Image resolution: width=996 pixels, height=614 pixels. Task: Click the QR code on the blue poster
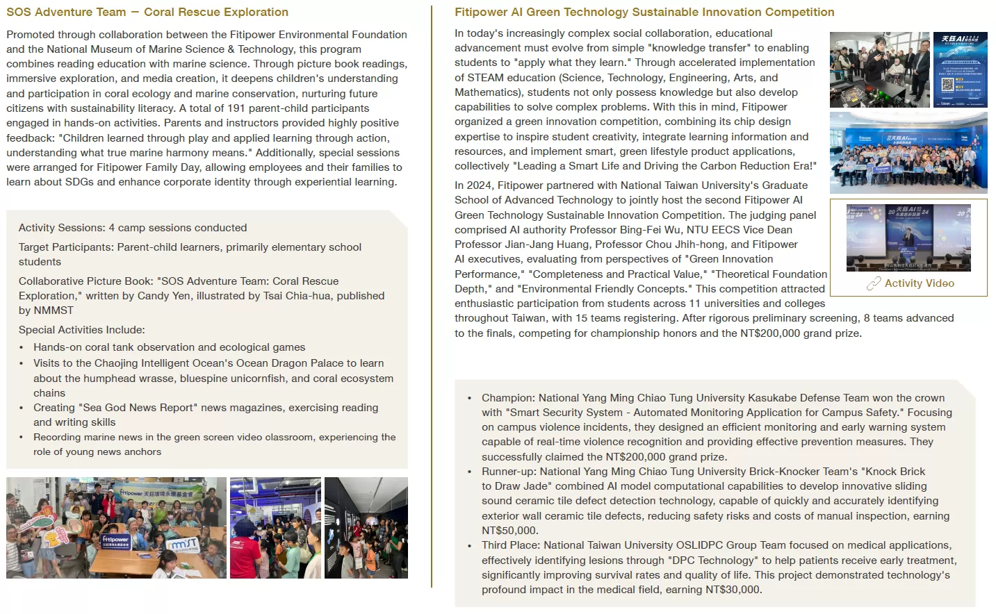click(x=947, y=85)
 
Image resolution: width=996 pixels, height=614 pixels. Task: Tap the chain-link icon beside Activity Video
click(x=873, y=283)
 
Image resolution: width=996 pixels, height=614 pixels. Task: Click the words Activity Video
click(x=919, y=283)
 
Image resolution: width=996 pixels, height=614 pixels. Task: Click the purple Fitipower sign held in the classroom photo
click(x=116, y=541)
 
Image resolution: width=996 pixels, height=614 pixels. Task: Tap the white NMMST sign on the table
click(x=183, y=547)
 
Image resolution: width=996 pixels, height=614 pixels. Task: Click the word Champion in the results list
click(x=507, y=398)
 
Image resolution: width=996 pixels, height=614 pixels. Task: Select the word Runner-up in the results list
click(x=507, y=472)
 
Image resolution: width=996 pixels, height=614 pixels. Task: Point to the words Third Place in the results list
click(x=509, y=545)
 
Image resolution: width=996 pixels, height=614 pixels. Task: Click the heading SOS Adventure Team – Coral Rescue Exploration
click(x=147, y=13)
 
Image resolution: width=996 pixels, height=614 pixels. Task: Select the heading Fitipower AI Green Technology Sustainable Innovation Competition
click(x=644, y=13)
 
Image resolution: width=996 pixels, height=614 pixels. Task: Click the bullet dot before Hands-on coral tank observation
click(x=22, y=348)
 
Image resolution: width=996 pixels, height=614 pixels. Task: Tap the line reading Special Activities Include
click(x=81, y=330)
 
